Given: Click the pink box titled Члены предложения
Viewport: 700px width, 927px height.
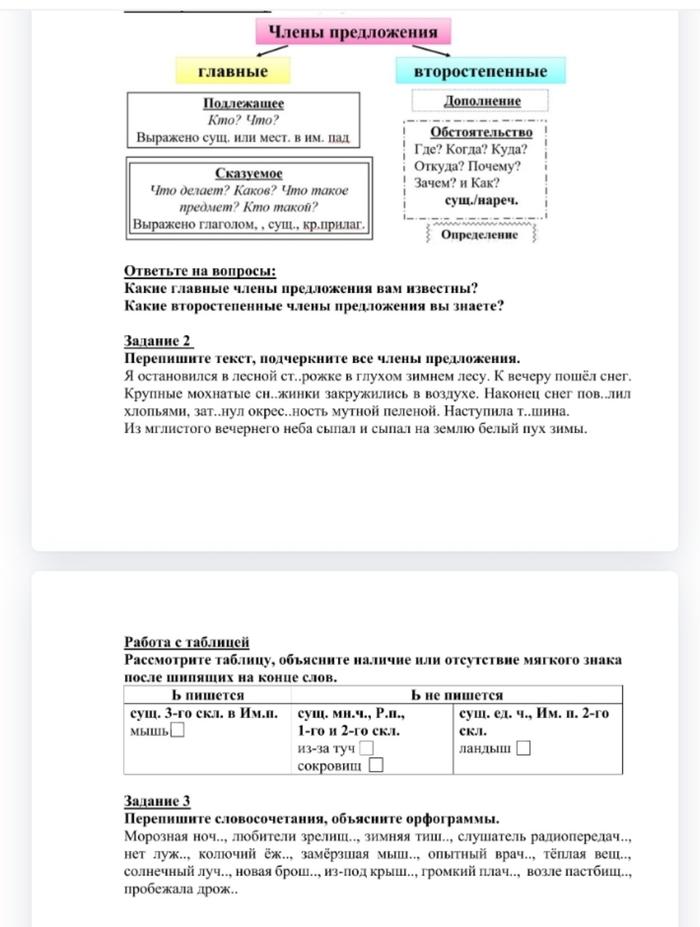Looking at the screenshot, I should tap(353, 32).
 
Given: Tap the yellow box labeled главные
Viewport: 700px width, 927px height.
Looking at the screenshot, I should tap(233, 71).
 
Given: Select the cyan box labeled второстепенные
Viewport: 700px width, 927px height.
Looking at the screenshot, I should tap(480, 71).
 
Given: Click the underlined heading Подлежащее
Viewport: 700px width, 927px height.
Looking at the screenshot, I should tap(243, 103).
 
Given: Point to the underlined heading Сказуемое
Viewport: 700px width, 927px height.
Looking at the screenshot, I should tap(249, 173).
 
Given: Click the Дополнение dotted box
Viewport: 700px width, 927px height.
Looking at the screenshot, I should tap(482, 101).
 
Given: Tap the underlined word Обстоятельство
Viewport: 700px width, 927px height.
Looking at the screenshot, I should tap(481, 132).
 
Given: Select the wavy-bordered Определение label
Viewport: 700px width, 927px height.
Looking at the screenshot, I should tap(479, 235).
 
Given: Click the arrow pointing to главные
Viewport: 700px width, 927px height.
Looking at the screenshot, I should tap(271, 51).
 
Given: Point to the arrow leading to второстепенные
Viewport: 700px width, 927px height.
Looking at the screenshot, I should tap(431, 51).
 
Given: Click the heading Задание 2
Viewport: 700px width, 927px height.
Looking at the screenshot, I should tap(157, 341).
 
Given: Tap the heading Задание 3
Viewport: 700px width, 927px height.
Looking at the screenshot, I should tap(157, 801).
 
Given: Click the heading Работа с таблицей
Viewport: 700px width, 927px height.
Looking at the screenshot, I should tap(186, 642).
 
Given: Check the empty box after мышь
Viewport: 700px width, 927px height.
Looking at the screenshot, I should tap(177, 731).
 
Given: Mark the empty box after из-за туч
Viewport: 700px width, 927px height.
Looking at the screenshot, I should tap(366, 748).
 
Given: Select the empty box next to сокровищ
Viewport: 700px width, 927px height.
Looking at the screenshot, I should tap(376, 765).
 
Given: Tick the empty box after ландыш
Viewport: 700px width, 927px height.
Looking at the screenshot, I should tap(524, 748).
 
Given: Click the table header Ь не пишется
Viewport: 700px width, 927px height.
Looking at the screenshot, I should tap(457, 695).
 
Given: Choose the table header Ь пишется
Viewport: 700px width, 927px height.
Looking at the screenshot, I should tap(208, 695).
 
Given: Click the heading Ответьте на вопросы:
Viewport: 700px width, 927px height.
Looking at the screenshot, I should tap(200, 271).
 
